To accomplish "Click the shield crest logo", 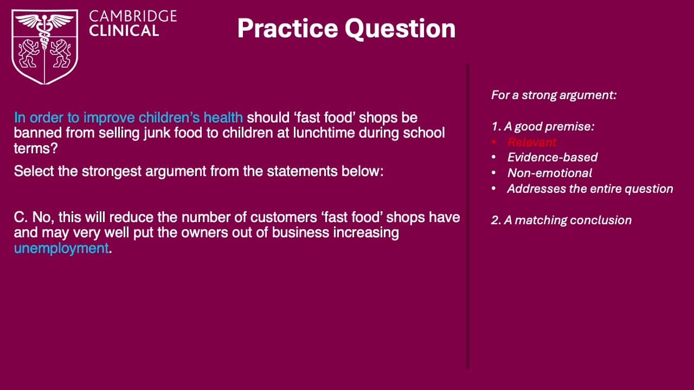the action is click(x=44, y=47).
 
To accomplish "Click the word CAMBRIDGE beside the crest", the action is click(x=133, y=16).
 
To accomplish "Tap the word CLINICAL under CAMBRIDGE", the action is click(x=124, y=31).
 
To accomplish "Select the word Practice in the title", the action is click(x=287, y=29).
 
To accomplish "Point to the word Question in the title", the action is click(x=400, y=29).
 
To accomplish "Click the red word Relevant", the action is click(x=532, y=142).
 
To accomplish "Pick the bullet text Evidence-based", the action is click(x=552, y=157).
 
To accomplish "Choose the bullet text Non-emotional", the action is click(x=550, y=173).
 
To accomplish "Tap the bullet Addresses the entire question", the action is click(x=590, y=189).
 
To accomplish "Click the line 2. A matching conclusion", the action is click(x=561, y=220).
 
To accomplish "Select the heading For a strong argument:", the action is click(x=554, y=95).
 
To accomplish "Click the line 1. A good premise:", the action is click(x=543, y=127).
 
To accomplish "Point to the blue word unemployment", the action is click(x=61, y=248).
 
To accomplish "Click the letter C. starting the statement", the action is click(x=21, y=217).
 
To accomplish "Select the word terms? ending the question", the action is click(x=36, y=148).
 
